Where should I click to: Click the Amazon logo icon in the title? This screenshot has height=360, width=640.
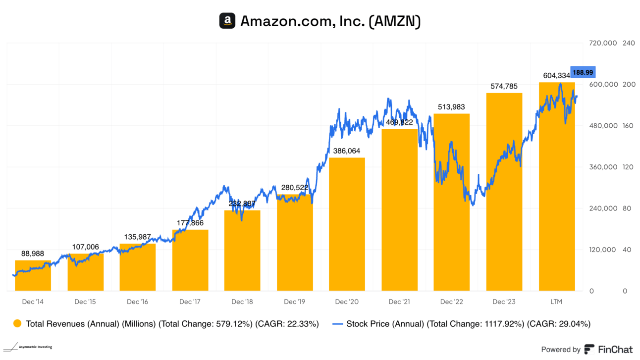227,21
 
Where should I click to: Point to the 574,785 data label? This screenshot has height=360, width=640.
504,86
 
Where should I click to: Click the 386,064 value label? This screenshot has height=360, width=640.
347,151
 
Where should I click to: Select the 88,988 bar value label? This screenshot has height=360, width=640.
33,254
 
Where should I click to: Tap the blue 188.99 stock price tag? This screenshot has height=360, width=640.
583,72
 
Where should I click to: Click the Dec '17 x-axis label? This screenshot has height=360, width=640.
190,302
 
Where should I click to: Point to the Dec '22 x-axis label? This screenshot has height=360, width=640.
451,302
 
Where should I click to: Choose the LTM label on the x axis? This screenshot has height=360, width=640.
557,302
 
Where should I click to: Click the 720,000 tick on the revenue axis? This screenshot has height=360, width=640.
602,43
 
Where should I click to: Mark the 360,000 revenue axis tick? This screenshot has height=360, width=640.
602,167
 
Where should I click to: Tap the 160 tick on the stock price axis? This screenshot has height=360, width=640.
628,126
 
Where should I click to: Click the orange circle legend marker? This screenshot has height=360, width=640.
17,324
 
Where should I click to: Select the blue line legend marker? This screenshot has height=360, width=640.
337,324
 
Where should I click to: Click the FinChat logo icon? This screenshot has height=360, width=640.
589,349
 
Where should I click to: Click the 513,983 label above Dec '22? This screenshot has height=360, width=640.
451,107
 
